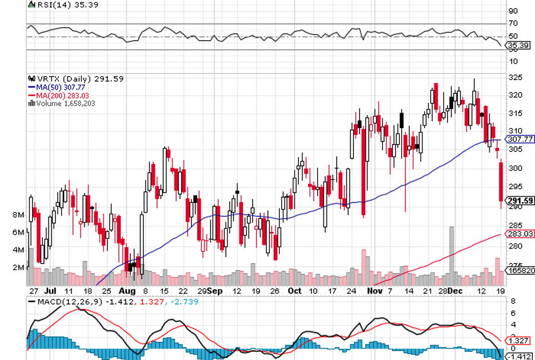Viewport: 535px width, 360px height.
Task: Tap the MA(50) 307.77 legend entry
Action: pos(61,87)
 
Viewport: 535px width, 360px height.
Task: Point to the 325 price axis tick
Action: pos(516,77)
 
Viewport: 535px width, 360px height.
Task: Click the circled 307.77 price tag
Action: pos(520,139)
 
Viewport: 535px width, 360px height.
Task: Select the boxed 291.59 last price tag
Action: pos(520,201)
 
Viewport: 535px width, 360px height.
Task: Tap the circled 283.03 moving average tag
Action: pos(520,234)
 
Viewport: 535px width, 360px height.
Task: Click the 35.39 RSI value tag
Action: pos(517,45)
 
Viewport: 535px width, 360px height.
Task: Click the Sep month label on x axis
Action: pos(215,290)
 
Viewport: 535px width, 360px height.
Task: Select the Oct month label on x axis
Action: pos(294,290)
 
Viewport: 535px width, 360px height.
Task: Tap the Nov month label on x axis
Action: pos(374,290)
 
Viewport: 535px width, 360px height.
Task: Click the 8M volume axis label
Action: pos(18,215)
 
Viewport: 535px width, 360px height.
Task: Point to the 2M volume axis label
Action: pos(18,267)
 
